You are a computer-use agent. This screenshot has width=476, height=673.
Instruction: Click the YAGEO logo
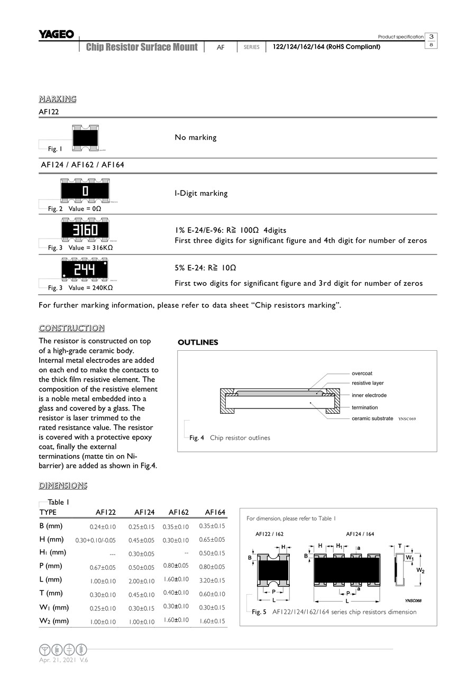[56, 35]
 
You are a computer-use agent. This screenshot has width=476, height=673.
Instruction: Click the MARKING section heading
[58, 99]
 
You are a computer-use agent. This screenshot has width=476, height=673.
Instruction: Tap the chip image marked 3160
[85, 230]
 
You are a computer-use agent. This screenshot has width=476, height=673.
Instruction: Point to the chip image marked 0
[85, 190]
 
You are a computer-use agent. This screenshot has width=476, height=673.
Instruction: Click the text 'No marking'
[195, 138]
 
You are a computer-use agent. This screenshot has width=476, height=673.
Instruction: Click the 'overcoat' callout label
[362, 374]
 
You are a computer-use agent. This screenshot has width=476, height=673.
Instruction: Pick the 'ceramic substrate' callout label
[372, 419]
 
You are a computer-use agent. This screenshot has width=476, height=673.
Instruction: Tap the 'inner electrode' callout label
[369, 395]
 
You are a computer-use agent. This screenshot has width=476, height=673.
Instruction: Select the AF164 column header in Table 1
[215, 512]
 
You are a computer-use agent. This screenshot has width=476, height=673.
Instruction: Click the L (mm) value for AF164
[212, 580]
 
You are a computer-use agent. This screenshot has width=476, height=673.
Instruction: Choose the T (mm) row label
[51, 593]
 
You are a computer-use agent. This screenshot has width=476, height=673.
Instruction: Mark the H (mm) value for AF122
[95, 540]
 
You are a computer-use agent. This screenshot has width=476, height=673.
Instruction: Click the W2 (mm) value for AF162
[176, 620]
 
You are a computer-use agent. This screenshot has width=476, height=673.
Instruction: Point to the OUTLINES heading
[198, 342]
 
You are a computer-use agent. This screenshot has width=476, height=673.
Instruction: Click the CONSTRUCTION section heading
[72, 328]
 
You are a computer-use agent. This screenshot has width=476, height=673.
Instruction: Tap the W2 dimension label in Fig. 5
[420, 570]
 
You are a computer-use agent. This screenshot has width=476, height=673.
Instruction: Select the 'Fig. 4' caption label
[197, 438]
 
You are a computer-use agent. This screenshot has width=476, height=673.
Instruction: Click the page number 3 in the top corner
[432, 37]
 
